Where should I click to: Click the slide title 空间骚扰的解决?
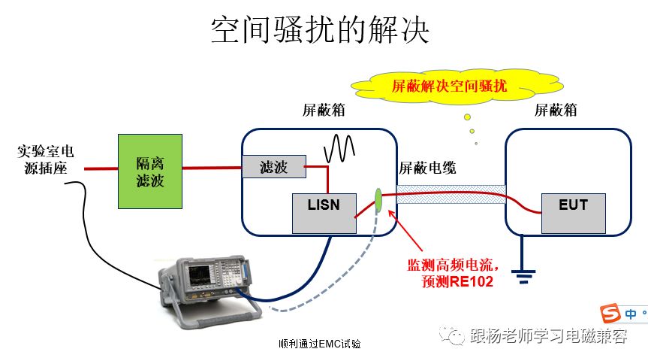tap(320, 29)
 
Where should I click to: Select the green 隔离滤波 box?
tap(150, 171)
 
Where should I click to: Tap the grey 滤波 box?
tap(274, 166)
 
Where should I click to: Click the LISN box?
tap(324, 214)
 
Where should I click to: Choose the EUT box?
tap(573, 214)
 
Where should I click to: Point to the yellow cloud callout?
tap(457, 86)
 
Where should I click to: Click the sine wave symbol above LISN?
tap(339, 148)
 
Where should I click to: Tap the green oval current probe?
tap(378, 201)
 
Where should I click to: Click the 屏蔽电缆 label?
tap(427, 168)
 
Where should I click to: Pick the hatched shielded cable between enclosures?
tap(451, 194)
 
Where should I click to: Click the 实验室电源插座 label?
tap(46, 160)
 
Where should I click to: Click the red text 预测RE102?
tap(457, 281)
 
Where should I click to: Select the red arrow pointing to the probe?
tap(405, 230)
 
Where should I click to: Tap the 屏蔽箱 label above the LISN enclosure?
tap(324, 110)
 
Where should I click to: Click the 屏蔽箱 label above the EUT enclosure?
tap(556, 110)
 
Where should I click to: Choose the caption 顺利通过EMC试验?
tap(319, 344)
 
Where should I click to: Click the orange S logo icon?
tap(610, 313)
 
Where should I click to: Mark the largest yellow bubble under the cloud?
tap(467, 117)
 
